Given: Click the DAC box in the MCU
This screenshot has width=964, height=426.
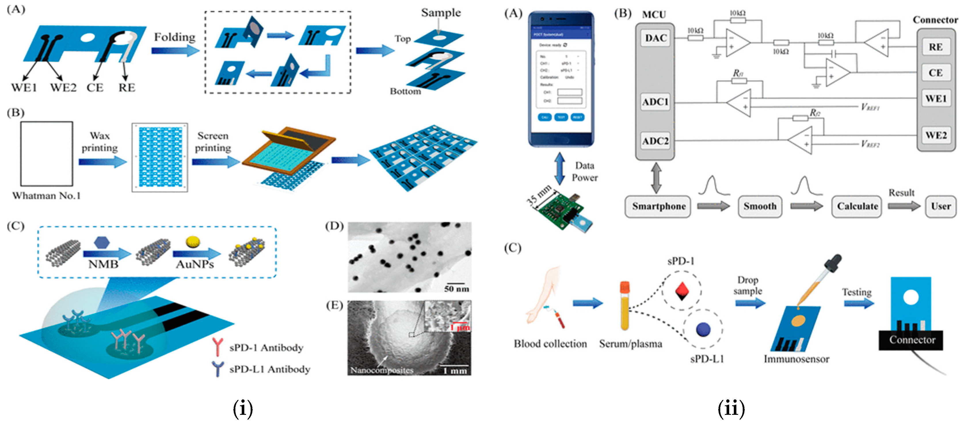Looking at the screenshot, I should [x=655, y=38].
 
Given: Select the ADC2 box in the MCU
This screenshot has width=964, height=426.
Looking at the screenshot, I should [x=655, y=141].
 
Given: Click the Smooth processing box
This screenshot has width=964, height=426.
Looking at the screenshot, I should [x=759, y=206].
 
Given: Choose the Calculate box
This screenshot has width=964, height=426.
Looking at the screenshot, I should [x=857, y=206].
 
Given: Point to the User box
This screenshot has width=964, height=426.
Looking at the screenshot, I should [x=940, y=206].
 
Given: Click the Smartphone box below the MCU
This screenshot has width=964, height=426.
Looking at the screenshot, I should [x=658, y=206].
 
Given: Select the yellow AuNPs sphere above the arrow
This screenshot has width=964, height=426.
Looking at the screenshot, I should [x=193, y=242].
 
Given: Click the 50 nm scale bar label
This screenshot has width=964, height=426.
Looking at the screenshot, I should [x=456, y=288].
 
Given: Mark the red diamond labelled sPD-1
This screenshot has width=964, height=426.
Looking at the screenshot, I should [x=682, y=291].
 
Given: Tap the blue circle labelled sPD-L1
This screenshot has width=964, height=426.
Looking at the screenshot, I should [x=703, y=329].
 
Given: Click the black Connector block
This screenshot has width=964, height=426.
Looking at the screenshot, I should [x=911, y=340].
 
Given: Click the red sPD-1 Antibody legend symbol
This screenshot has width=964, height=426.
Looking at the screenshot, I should [x=217, y=346].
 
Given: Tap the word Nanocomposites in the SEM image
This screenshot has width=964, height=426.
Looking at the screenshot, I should [x=381, y=370].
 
